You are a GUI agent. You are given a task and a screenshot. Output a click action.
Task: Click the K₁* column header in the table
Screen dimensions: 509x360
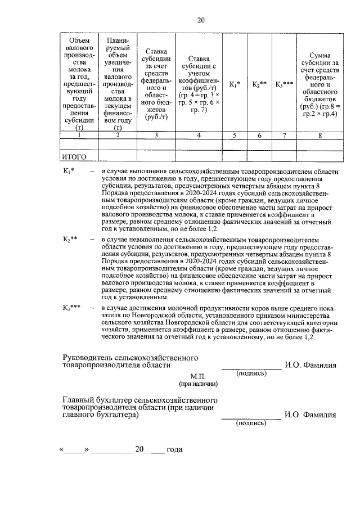235,84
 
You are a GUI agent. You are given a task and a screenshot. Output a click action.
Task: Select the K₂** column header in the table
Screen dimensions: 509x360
259,84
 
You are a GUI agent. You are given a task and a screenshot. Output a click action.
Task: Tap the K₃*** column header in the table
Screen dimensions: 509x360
285,84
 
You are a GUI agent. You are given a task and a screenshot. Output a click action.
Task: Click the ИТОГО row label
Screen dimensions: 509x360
75,156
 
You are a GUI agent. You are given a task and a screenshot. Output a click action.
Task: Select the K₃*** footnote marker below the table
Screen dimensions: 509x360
72,308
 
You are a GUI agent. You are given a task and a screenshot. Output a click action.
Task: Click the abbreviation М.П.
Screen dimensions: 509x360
199,376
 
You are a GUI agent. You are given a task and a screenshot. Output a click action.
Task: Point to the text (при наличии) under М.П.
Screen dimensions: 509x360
199,384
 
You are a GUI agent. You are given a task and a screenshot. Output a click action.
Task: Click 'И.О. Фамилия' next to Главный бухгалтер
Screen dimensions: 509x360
310,416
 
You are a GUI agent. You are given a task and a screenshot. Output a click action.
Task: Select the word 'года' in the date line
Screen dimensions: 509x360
174,450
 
